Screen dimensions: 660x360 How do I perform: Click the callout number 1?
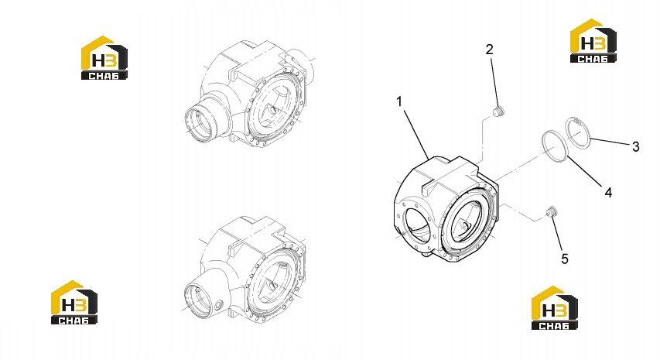click(399, 102)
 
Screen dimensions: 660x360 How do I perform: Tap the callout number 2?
click(489, 50)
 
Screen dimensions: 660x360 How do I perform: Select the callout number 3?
click(635, 146)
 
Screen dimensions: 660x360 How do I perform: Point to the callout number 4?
click(608, 193)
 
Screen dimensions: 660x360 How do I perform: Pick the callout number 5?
click(565, 259)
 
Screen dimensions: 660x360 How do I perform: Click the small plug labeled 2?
click(498, 112)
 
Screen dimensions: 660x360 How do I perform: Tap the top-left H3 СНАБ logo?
click(104, 58)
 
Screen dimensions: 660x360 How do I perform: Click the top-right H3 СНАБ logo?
click(593, 41)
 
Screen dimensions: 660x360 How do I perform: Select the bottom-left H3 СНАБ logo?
click(74, 302)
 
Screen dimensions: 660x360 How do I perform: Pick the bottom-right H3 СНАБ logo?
click(554, 308)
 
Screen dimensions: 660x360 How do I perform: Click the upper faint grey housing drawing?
click(248, 93)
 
